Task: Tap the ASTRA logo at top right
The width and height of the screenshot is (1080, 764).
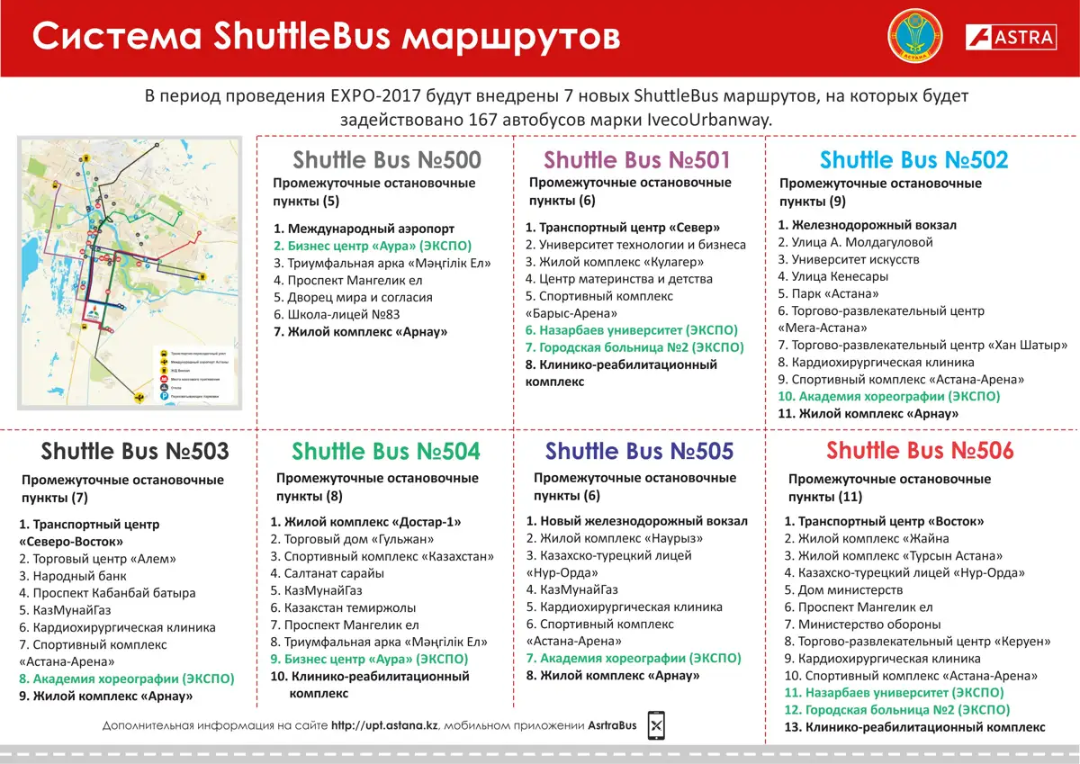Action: [1010, 38]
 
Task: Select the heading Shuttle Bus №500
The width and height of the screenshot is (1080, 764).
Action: [387, 160]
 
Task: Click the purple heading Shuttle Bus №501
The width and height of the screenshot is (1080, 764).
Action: [637, 160]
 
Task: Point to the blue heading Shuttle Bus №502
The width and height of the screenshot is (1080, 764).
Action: [913, 160]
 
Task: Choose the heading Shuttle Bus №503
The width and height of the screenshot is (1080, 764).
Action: [135, 451]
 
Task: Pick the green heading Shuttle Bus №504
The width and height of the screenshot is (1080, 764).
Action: [386, 451]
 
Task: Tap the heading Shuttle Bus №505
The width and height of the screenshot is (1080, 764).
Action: [639, 451]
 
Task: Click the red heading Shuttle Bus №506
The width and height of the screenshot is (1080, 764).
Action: [920, 451]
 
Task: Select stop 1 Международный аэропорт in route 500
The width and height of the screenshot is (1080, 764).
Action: [364, 229]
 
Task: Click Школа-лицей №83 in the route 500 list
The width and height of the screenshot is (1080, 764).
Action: [337, 314]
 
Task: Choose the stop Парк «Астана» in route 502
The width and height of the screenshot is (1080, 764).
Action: [828, 293]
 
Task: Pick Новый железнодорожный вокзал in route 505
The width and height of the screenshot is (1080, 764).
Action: [636, 521]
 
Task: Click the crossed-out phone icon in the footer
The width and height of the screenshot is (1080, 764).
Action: [657, 725]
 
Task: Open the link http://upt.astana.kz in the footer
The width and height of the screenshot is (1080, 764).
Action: [384, 725]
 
